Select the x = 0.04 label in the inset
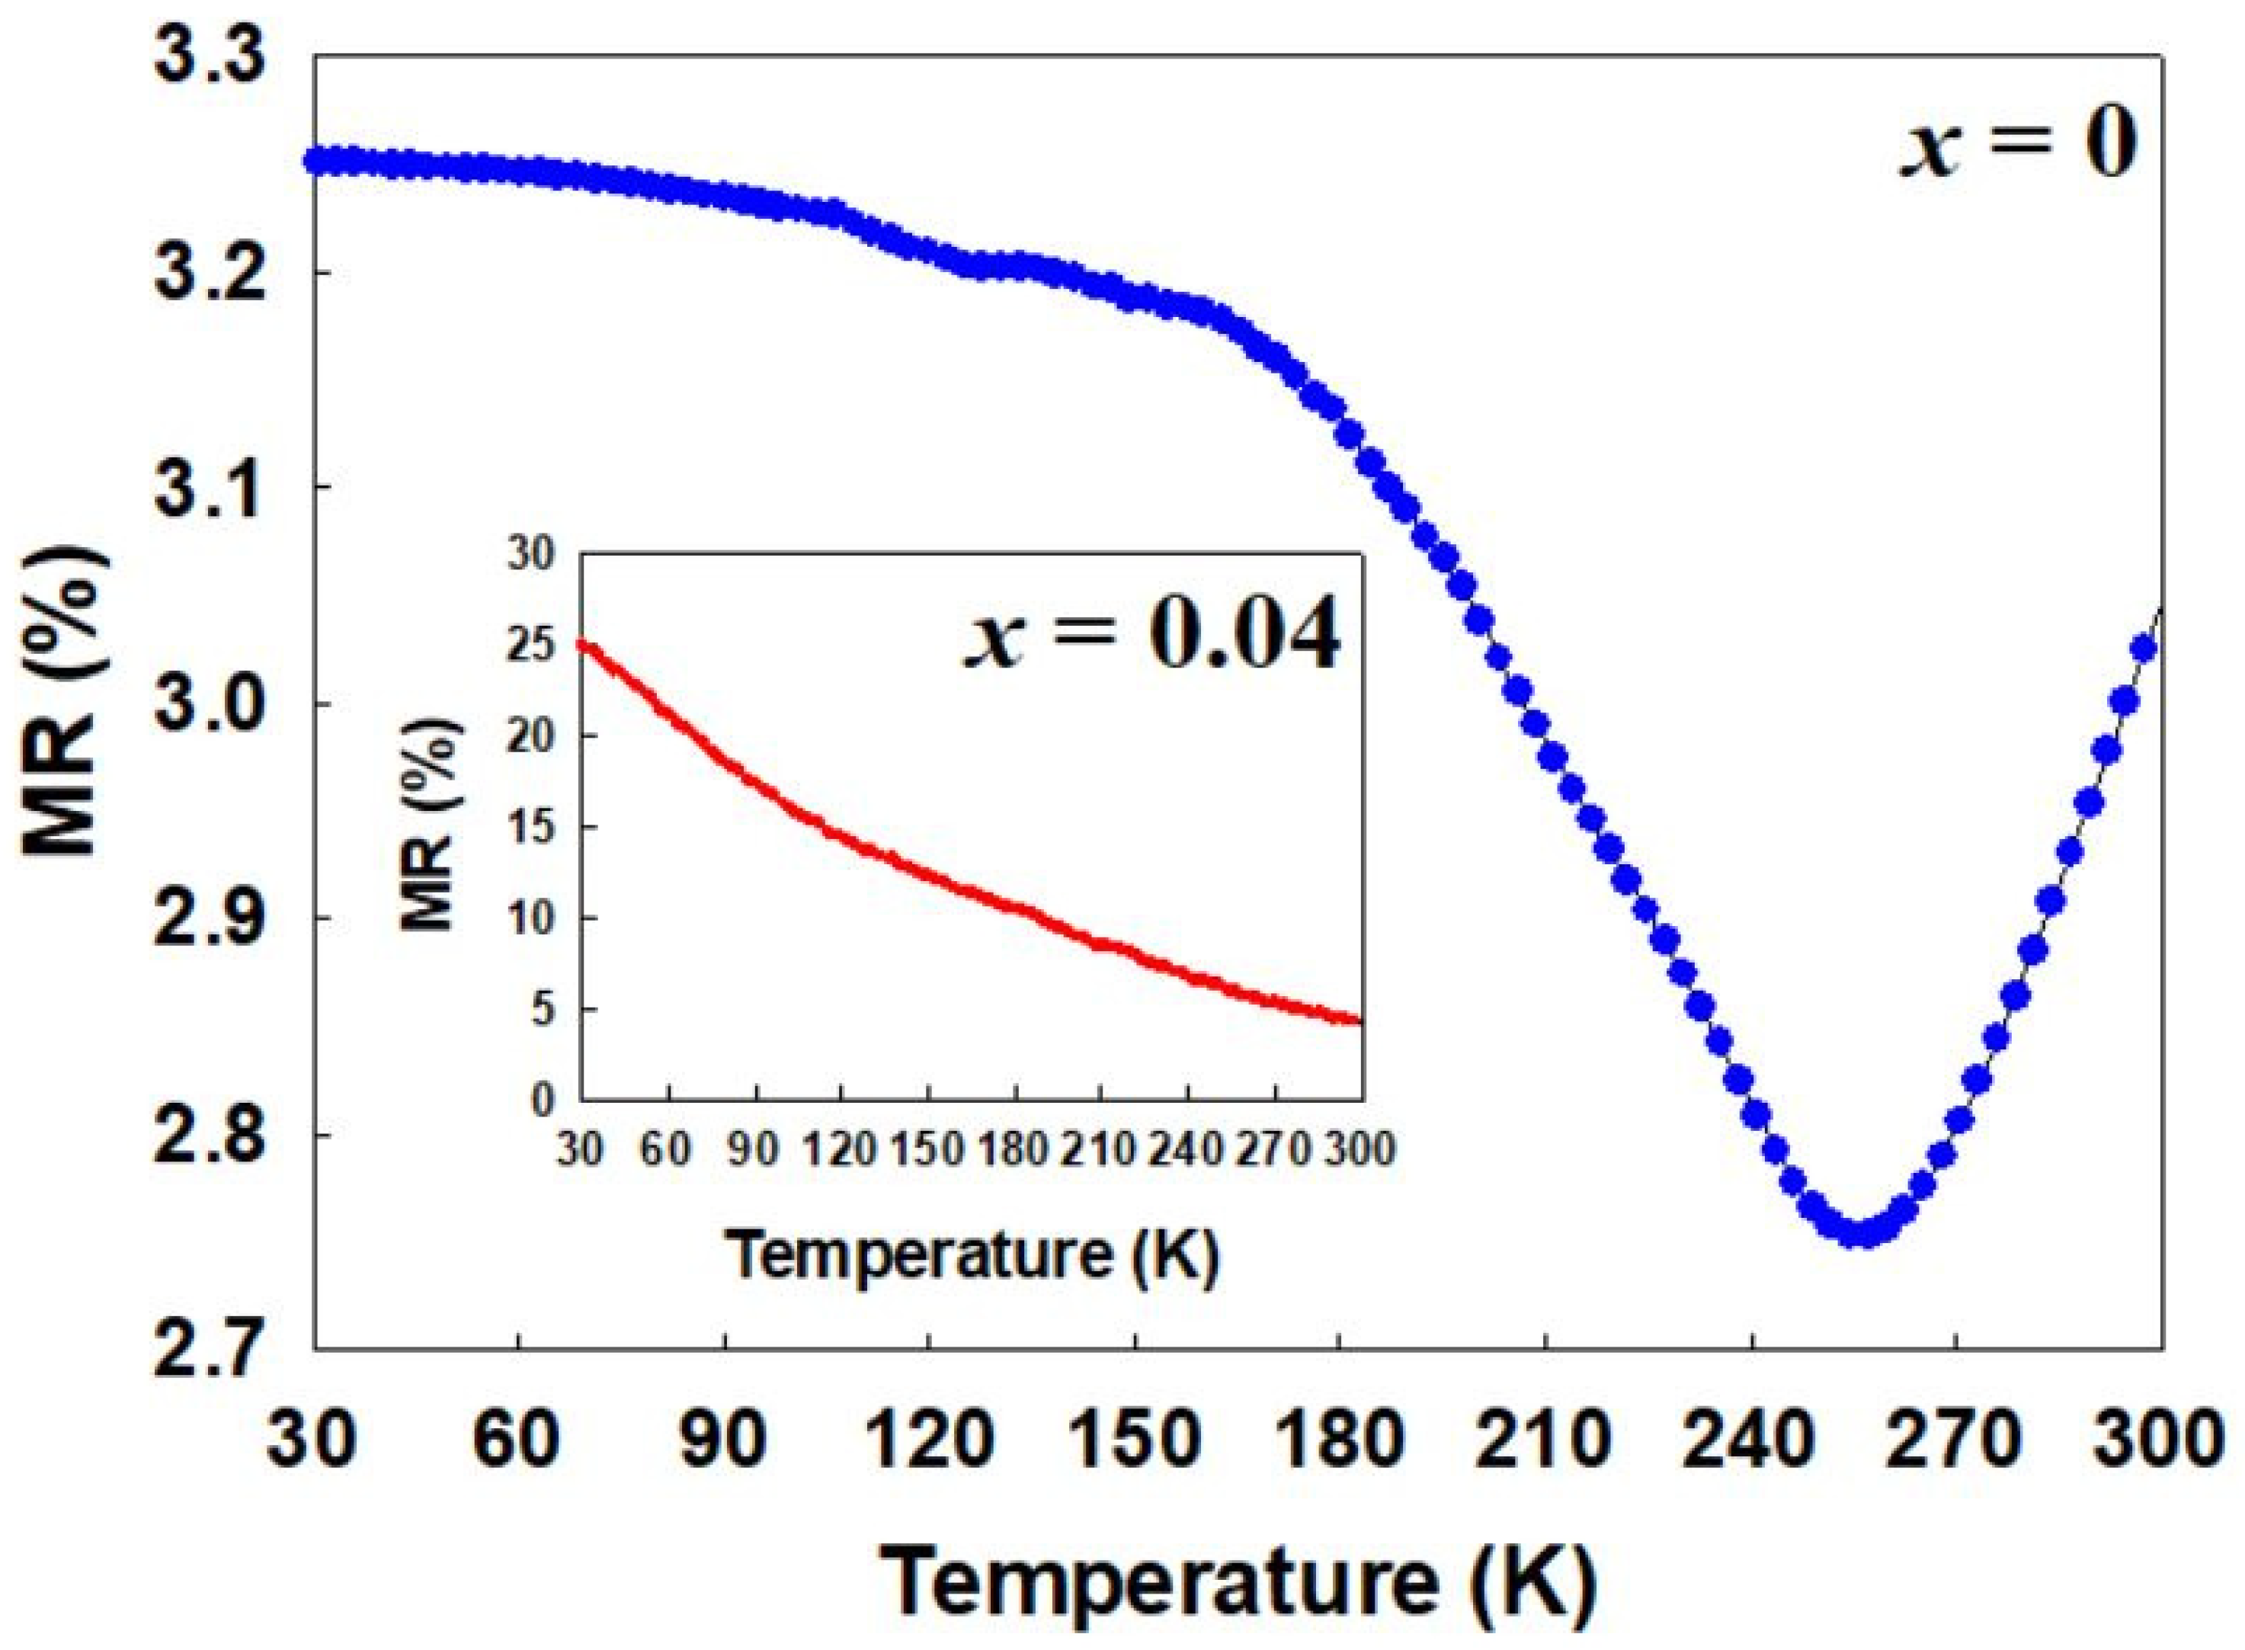[x=1151, y=636]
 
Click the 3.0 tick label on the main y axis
[x=213, y=704]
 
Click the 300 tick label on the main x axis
[x=2157, y=1441]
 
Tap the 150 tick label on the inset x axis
[x=927, y=1152]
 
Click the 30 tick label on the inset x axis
[x=580, y=1152]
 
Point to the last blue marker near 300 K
[x=2143, y=649]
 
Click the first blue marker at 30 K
[x=318, y=161]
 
